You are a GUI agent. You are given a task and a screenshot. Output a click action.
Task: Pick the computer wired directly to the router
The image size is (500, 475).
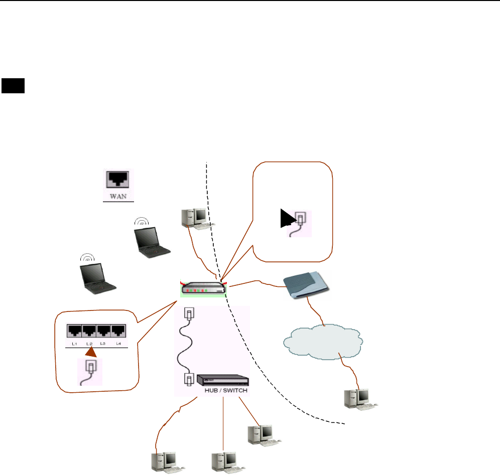coord(196,217)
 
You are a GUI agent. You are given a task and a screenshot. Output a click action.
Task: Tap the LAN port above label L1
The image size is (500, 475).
coord(74,331)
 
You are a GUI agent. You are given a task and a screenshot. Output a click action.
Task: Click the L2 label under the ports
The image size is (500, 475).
coord(89,343)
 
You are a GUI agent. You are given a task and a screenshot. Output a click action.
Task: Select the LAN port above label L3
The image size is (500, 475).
coord(103,331)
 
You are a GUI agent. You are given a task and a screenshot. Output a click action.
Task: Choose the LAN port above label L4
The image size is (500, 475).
coord(118,331)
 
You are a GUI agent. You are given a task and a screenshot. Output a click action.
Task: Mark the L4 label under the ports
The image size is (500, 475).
coord(118,343)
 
